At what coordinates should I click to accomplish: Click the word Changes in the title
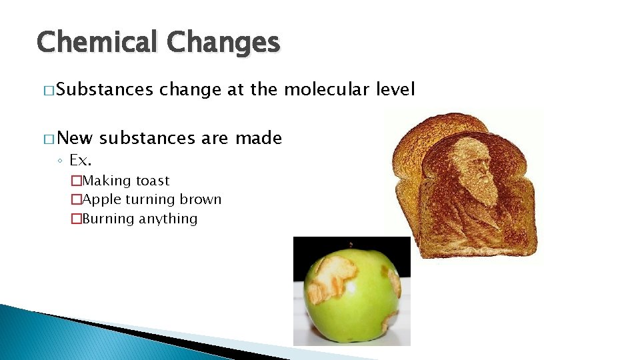point(223,42)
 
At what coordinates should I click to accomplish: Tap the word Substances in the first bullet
point(105,89)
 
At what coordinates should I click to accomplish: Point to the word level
point(395,89)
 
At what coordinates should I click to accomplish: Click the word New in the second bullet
point(75,138)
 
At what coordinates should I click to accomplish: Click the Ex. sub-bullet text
point(80,160)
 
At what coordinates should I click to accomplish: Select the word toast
point(153,181)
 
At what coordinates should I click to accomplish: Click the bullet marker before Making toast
point(76,181)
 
